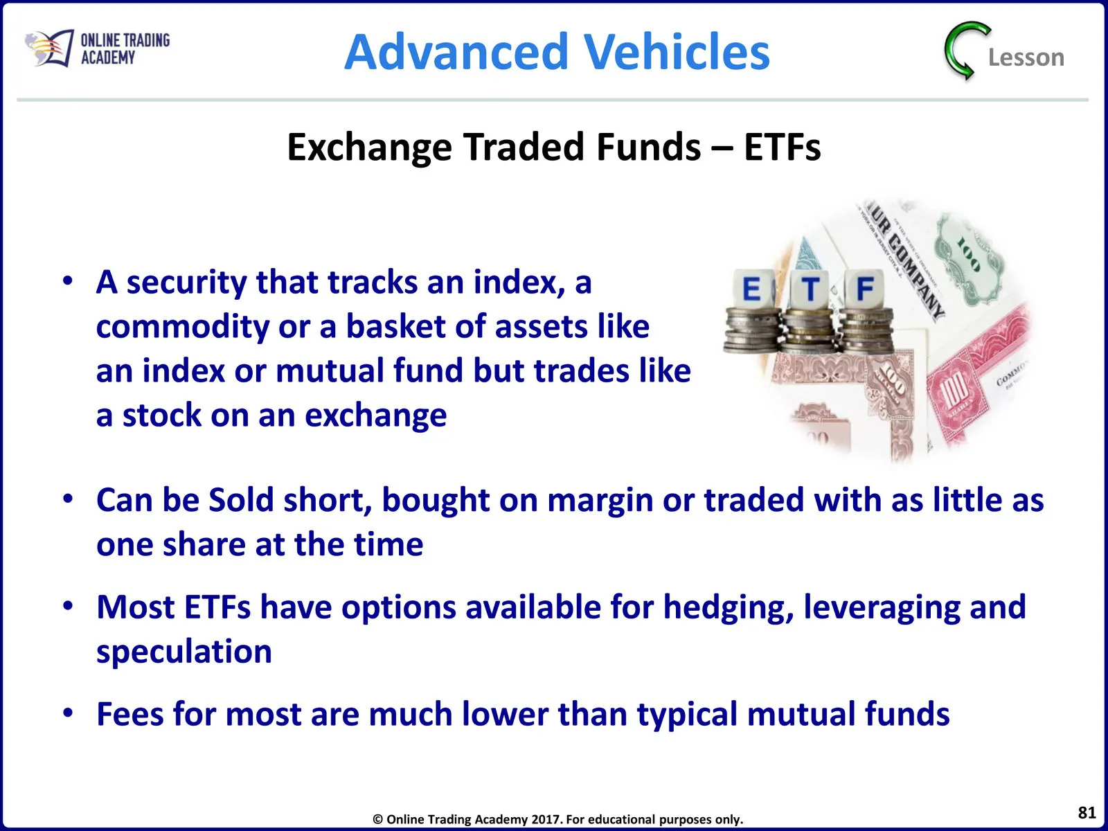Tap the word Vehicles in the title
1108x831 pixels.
pyautogui.click(x=677, y=51)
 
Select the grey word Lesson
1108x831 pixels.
pyautogui.click(x=1026, y=57)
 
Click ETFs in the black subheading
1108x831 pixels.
pyautogui.click(x=783, y=148)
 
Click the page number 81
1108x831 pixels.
pyautogui.click(x=1087, y=812)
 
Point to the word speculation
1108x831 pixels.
pyautogui.click(x=184, y=652)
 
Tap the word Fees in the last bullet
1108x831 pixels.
pyautogui.click(x=129, y=715)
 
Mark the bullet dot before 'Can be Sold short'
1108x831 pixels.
pyautogui.click(x=68, y=499)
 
